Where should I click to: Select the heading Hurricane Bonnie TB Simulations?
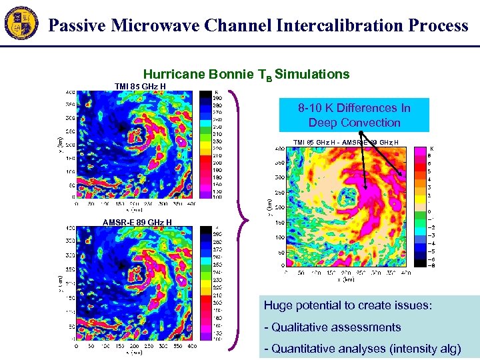tap(246, 74)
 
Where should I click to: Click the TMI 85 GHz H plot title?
tap(140, 86)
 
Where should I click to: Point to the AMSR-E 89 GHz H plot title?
tap(137, 223)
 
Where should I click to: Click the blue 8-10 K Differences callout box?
tap(354, 115)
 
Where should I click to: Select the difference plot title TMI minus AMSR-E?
tap(346, 142)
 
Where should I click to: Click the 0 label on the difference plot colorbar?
tap(429, 211)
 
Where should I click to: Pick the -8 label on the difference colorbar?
tap(431, 265)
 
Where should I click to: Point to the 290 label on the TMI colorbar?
tap(217, 98)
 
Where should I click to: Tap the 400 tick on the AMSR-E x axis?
tap(191, 347)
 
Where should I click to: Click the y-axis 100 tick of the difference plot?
tap(278, 238)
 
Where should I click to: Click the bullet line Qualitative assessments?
tap(333, 327)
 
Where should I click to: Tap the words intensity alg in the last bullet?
tap(427, 348)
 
